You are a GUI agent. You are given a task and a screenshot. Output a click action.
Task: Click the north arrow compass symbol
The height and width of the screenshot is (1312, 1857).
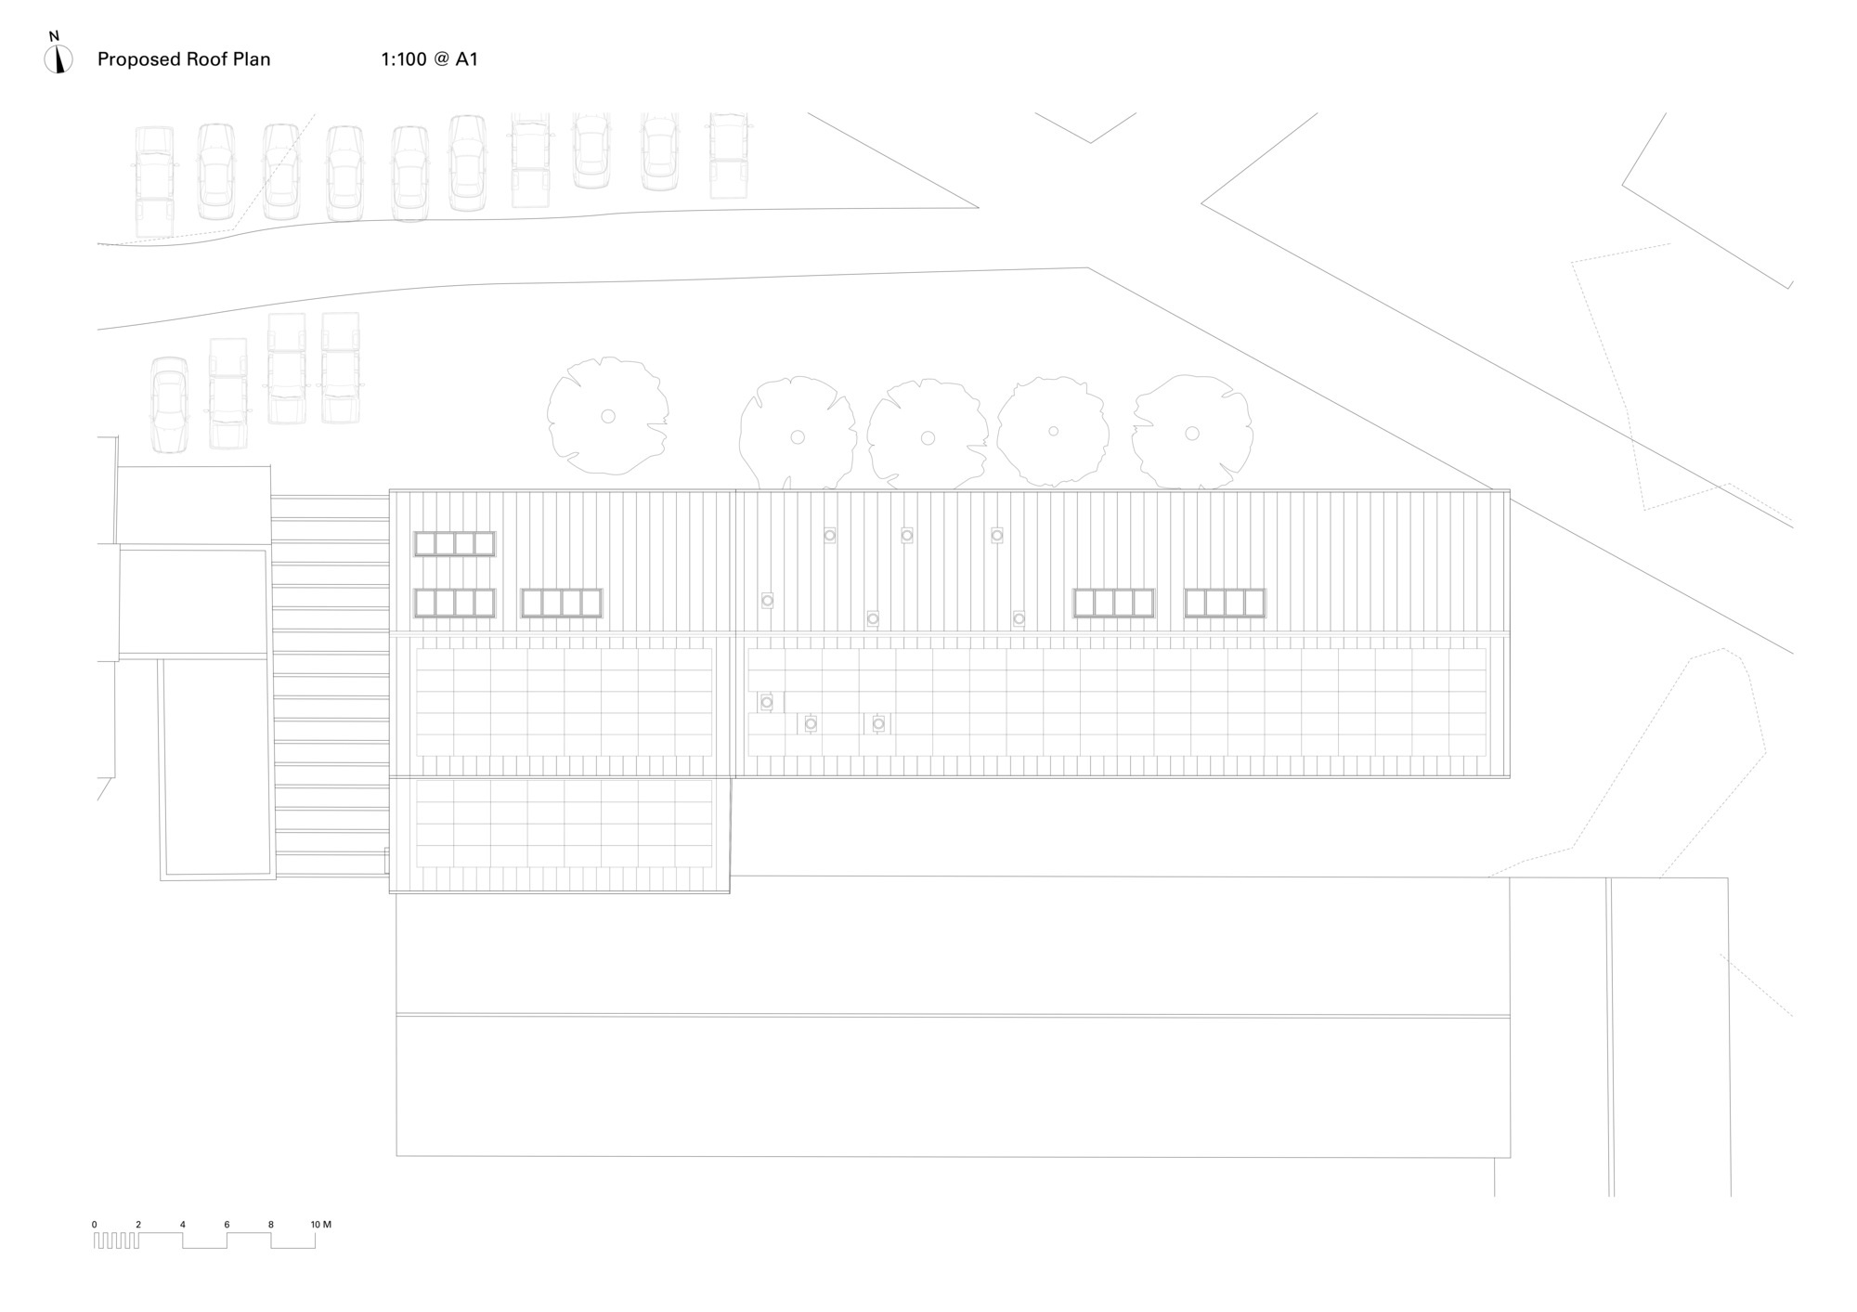pyautogui.click(x=58, y=58)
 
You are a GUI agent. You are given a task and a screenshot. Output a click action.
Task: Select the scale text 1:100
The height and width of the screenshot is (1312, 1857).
pyautogui.click(x=404, y=59)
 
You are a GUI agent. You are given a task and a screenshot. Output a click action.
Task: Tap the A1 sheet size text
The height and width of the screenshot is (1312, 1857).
pyautogui.click(x=466, y=59)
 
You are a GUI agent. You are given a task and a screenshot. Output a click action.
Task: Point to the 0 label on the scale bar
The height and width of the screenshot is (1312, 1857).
pyautogui.click(x=94, y=1225)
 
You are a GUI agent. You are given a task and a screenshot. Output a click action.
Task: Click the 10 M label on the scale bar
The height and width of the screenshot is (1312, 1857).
pyautogui.click(x=320, y=1225)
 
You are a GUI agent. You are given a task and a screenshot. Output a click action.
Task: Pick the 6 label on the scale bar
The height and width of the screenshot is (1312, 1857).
pyautogui.click(x=227, y=1225)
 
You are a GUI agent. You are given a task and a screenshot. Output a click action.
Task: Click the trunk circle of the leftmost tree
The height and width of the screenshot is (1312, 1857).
pyautogui.click(x=608, y=416)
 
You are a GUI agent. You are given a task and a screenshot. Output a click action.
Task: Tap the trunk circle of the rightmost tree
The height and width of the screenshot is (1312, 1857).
pyautogui.click(x=1192, y=433)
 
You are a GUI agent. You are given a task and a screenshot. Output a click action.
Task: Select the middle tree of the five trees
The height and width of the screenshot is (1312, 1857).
pyautogui.click(x=927, y=434)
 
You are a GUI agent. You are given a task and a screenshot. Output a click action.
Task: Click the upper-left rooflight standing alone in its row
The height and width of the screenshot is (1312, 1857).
pyautogui.click(x=454, y=544)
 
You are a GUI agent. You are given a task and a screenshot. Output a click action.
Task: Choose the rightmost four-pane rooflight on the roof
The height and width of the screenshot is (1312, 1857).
pyautogui.click(x=1225, y=603)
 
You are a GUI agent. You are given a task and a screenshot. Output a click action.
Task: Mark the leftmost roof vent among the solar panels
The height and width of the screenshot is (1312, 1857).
pyautogui.click(x=766, y=702)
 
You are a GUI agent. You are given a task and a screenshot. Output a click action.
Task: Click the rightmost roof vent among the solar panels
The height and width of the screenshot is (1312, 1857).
pyautogui.click(x=878, y=723)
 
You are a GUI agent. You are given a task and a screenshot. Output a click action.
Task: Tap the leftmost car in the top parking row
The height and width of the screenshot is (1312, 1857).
pyautogui.click(x=154, y=182)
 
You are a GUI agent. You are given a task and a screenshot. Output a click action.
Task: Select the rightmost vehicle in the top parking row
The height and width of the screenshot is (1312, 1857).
pyautogui.click(x=728, y=155)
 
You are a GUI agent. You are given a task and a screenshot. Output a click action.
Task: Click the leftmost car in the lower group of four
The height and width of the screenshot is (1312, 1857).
pyautogui.click(x=169, y=406)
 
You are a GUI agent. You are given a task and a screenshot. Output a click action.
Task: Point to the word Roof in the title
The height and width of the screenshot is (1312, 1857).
pyautogui.click(x=201, y=59)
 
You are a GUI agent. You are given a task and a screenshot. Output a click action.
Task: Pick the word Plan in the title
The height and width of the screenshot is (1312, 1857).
pyautogui.click(x=250, y=59)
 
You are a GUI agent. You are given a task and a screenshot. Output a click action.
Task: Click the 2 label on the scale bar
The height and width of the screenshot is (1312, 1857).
pyautogui.click(x=138, y=1225)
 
